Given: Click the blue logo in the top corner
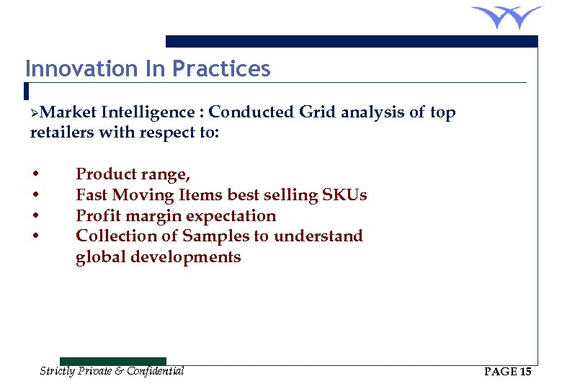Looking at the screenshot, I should click(x=507, y=17).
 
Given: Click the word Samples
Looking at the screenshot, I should click(x=213, y=236).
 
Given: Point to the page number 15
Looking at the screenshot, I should click(x=525, y=372).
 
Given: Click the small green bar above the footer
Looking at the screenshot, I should click(x=112, y=361).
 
